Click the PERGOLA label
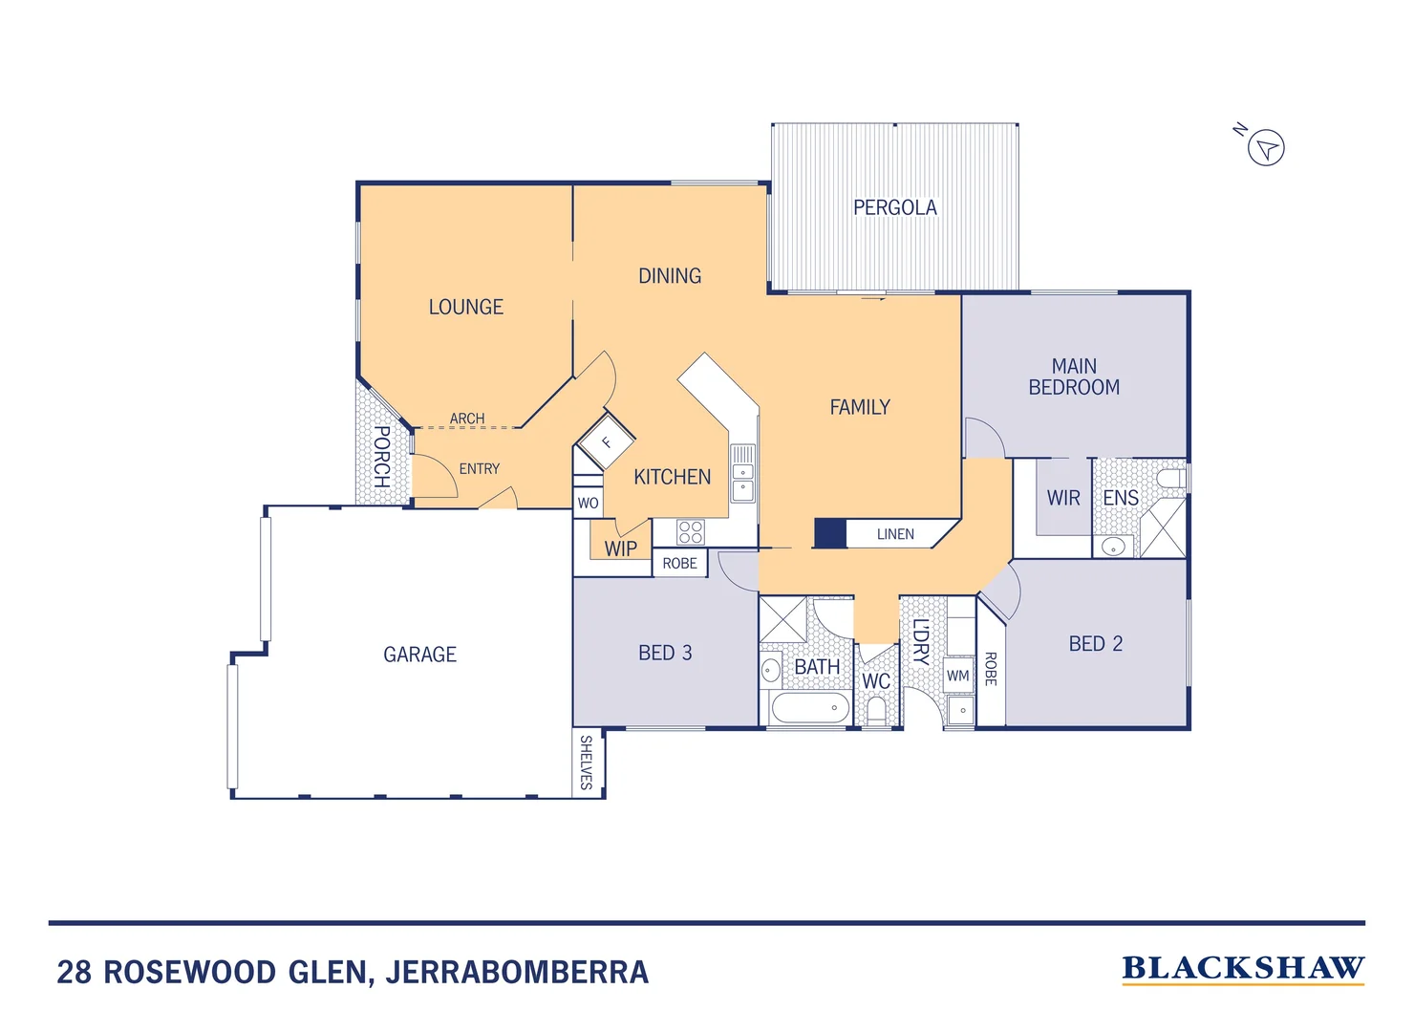tap(894, 207)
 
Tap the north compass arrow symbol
tap(1266, 148)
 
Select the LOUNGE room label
tap(465, 307)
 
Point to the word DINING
tap(670, 276)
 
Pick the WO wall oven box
tap(588, 503)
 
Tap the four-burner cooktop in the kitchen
tap(690, 532)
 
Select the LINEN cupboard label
tap(895, 534)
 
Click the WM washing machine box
tap(958, 676)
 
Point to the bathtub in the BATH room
tap(809, 708)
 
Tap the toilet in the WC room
tap(876, 711)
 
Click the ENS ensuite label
tap(1121, 498)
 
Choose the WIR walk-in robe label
tap(1063, 498)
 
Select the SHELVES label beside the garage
tap(587, 762)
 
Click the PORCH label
tap(381, 457)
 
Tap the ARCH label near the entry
tap(467, 419)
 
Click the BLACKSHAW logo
tap(1243, 969)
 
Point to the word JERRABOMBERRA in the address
tap(517, 973)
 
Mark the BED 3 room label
tap(665, 653)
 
